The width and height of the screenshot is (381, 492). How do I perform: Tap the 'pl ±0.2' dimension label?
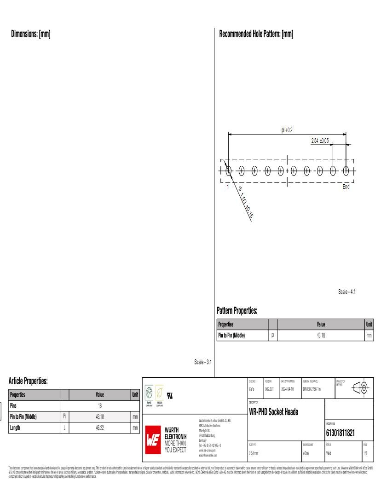pyautogui.click(x=287, y=130)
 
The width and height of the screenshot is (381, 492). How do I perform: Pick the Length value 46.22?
pyautogui.click(x=100, y=428)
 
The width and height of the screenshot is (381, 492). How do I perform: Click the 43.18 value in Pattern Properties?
pyautogui.click(x=321, y=335)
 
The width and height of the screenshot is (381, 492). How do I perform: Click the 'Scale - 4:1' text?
pyautogui.click(x=346, y=292)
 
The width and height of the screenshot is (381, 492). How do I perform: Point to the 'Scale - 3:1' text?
pyautogui.click(x=203, y=362)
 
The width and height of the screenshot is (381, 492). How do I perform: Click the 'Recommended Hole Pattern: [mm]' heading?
pyautogui.click(x=256, y=34)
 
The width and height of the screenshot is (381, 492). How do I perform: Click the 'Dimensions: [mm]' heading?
pyautogui.click(x=30, y=34)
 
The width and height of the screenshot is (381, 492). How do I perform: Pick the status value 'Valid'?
pyautogui.click(x=329, y=454)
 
